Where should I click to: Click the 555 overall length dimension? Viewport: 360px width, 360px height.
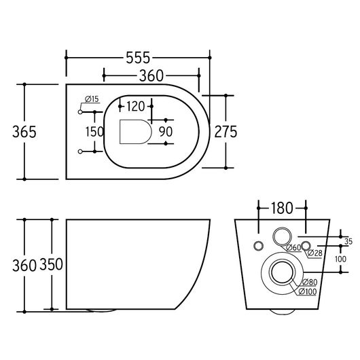(x=138, y=58)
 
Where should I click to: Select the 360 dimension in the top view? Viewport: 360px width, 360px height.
(x=151, y=76)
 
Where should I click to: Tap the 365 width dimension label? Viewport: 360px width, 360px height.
(x=24, y=132)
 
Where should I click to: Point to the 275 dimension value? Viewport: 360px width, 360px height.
(x=226, y=132)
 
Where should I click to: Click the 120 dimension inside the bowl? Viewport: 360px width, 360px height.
(x=136, y=107)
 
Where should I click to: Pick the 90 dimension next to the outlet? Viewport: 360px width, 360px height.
(x=166, y=132)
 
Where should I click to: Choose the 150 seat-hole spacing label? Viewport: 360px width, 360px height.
(x=94, y=132)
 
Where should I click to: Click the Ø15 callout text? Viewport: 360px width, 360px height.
(x=92, y=99)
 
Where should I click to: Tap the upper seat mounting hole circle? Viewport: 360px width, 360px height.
(x=80, y=112)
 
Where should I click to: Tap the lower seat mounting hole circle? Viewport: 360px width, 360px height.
(x=80, y=151)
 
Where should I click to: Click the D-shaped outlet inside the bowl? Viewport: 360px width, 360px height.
(x=135, y=132)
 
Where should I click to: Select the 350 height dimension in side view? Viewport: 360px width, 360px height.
(x=51, y=264)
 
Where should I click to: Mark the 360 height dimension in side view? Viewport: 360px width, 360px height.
(x=24, y=266)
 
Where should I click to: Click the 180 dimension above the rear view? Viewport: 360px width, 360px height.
(x=282, y=208)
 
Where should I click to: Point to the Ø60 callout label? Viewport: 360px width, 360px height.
(x=293, y=248)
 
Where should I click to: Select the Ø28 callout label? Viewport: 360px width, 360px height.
(x=314, y=253)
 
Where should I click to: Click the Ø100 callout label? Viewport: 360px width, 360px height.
(x=308, y=291)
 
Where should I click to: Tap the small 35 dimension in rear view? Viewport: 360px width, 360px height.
(x=348, y=241)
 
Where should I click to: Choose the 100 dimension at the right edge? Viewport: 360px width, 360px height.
(x=340, y=259)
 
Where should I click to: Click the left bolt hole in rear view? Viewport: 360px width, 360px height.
(x=259, y=246)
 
